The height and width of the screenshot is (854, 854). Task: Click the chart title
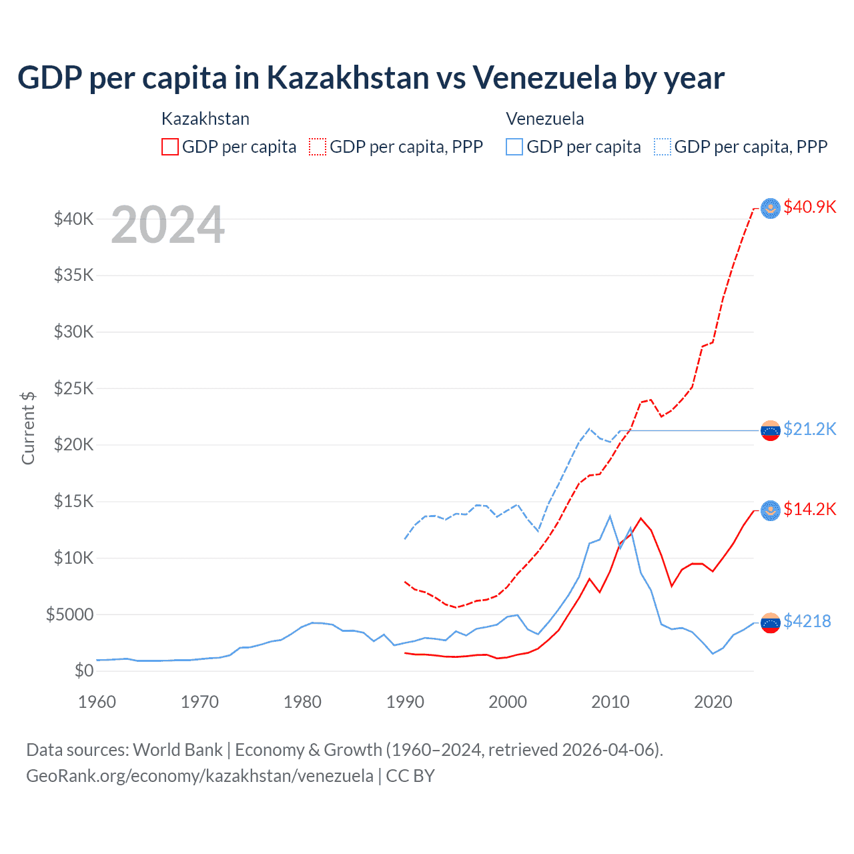pyautogui.click(x=370, y=77)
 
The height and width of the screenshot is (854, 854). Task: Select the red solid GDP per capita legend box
pyautogui.click(x=170, y=147)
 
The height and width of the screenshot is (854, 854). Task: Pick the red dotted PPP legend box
pyautogui.click(x=318, y=147)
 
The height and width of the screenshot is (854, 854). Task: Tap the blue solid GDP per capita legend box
pyautogui.click(x=514, y=147)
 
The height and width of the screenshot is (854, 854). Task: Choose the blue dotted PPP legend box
pyautogui.click(x=663, y=147)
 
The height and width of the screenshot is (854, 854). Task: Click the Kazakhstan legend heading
pyautogui.click(x=205, y=119)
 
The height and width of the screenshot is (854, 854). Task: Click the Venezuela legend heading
pyautogui.click(x=544, y=119)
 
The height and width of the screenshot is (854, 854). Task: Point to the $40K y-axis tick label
pyautogui.click(x=74, y=219)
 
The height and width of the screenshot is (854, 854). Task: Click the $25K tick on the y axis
pyautogui.click(x=74, y=388)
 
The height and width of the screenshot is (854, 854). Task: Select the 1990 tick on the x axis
pyautogui.click(x=405, y=702)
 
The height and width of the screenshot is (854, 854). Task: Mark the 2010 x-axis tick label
pyautogui.click(x=610, y=702)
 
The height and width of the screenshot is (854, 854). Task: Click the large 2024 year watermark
pyautogui.click(x=167, y=225)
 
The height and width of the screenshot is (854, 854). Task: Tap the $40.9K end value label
pyautogui.click(x=809, y=207)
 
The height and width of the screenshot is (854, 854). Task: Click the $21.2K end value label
pyautogui.click(x=809, y=429)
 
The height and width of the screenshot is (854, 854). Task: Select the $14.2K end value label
pyautogui.click(x=809, y=509)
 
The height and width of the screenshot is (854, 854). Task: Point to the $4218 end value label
pyautogui.click(x=807, y=621)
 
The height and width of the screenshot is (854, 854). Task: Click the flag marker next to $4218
pyautogui.click(x=771, y=622)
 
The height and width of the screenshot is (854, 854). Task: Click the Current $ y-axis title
pyautogui.click(x=28, y=428)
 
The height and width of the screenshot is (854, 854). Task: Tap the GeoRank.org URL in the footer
pyautogui.click(x=199, y=776)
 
